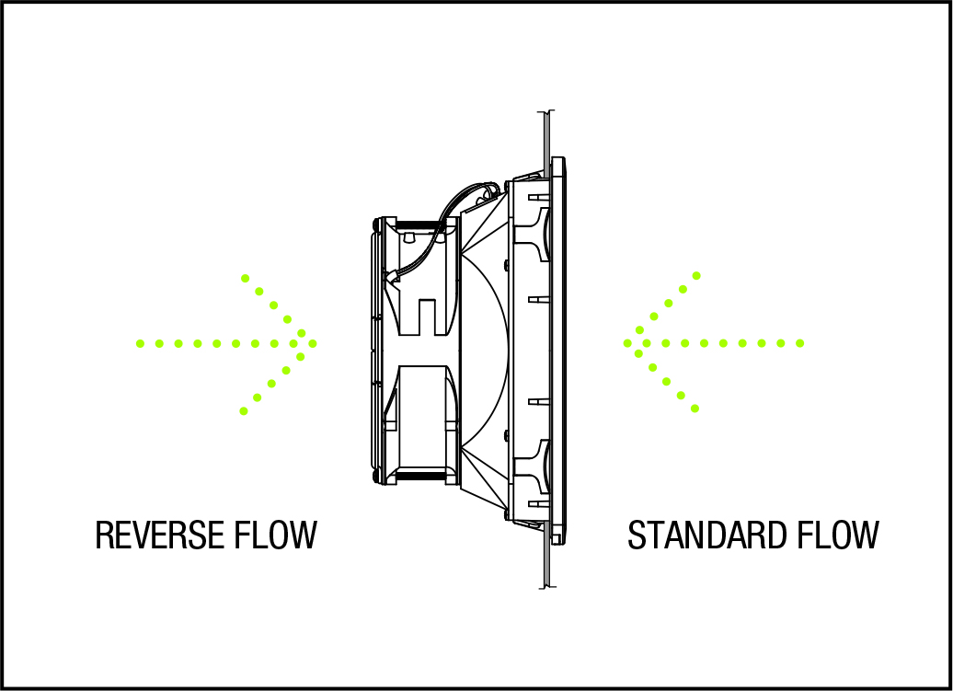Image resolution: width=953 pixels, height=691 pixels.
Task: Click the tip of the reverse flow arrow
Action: tap(314, 343)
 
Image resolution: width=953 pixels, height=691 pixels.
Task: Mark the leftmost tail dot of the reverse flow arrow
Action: tap(140, 343)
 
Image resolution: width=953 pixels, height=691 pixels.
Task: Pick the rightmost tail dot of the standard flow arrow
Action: tap(800, 343)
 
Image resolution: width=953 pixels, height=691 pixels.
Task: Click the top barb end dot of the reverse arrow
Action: tap(245, 277)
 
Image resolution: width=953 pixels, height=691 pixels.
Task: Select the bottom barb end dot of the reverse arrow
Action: tap(244, 410)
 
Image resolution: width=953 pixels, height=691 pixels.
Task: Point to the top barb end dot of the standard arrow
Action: tap(696, 275)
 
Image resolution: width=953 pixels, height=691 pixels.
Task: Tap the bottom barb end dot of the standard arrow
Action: tap(695, 408)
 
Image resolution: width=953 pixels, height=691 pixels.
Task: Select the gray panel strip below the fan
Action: tap(546, 560)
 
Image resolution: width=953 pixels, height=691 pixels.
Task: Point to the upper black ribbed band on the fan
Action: tap(419, 223)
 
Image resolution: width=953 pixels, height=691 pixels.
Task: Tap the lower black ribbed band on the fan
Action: tap(419, 476)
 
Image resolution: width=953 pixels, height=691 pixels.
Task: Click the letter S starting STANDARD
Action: tap(637, 535)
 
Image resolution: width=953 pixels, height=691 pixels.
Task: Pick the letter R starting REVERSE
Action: tap(104, 535)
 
